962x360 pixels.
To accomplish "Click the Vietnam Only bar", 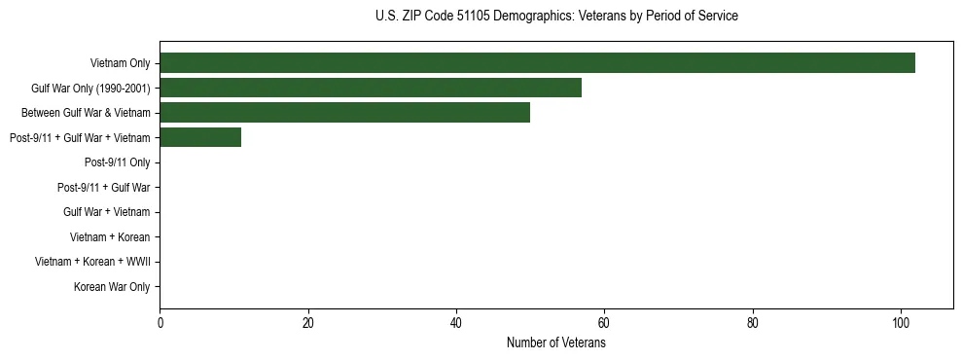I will tap(537, 63).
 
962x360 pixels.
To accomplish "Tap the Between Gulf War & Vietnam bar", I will tap(344, 113).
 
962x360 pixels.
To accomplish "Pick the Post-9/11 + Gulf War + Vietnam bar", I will tap(200, 137).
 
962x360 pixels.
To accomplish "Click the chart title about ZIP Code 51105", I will tap(556, 17).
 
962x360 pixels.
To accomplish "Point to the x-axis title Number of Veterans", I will tap(556, 343).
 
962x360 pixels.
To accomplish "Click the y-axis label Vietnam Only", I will tap(120, 64).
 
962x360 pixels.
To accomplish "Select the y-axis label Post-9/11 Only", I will tap(117, 162).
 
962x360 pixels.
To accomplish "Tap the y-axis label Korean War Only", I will tap(112, 287).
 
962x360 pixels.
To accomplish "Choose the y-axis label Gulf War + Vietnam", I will tap(106, 212).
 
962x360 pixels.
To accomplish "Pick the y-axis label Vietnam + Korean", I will tap(110, 237).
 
